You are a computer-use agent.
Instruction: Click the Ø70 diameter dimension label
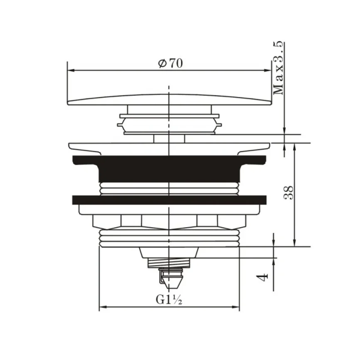point(170,63)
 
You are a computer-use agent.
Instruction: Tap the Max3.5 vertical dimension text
point(278,68)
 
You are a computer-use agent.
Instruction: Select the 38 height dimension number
point(289,192)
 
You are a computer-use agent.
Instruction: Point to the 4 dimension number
point(262,277)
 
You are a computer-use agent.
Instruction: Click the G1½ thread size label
point(169,299)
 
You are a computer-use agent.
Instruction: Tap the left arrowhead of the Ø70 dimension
point(71,71)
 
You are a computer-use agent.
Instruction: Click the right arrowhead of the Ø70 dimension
point(268,71)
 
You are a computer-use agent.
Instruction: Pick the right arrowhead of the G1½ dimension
point(236,307)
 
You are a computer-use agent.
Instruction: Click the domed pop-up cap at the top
point(169,100)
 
